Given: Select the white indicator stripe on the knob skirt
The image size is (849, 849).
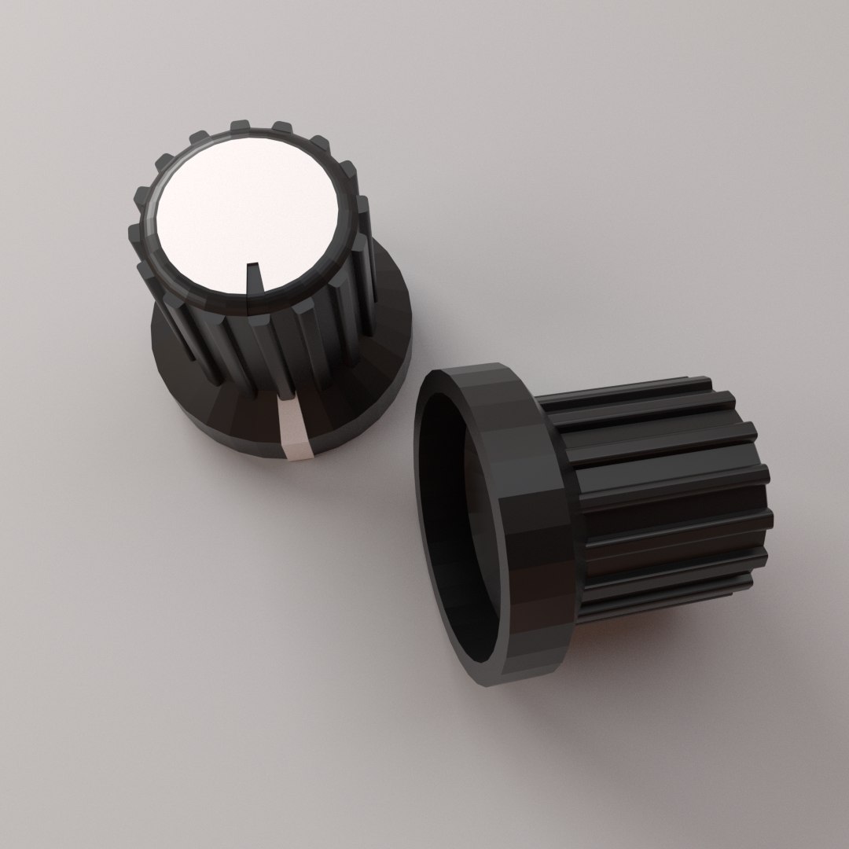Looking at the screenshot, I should tap(294, 428).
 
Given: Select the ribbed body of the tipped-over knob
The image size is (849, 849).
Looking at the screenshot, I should tap(668, 503).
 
